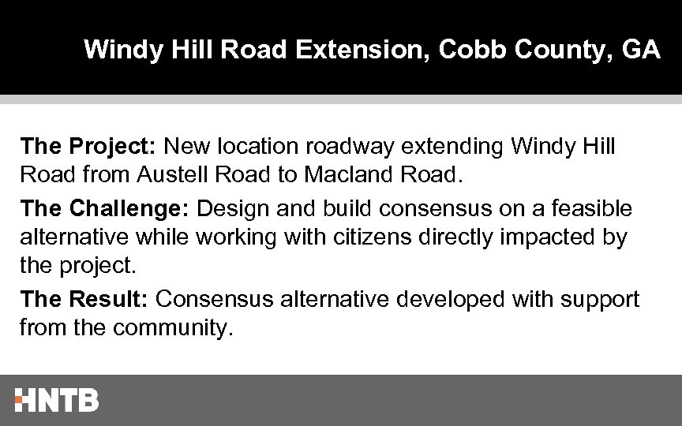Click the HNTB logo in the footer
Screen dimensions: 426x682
pyautogui.click(x=57, y=399)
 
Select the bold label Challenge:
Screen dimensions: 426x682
pyautogui.click(x=130, y=209)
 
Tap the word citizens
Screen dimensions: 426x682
pyautogui.click(x=382, y=237)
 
